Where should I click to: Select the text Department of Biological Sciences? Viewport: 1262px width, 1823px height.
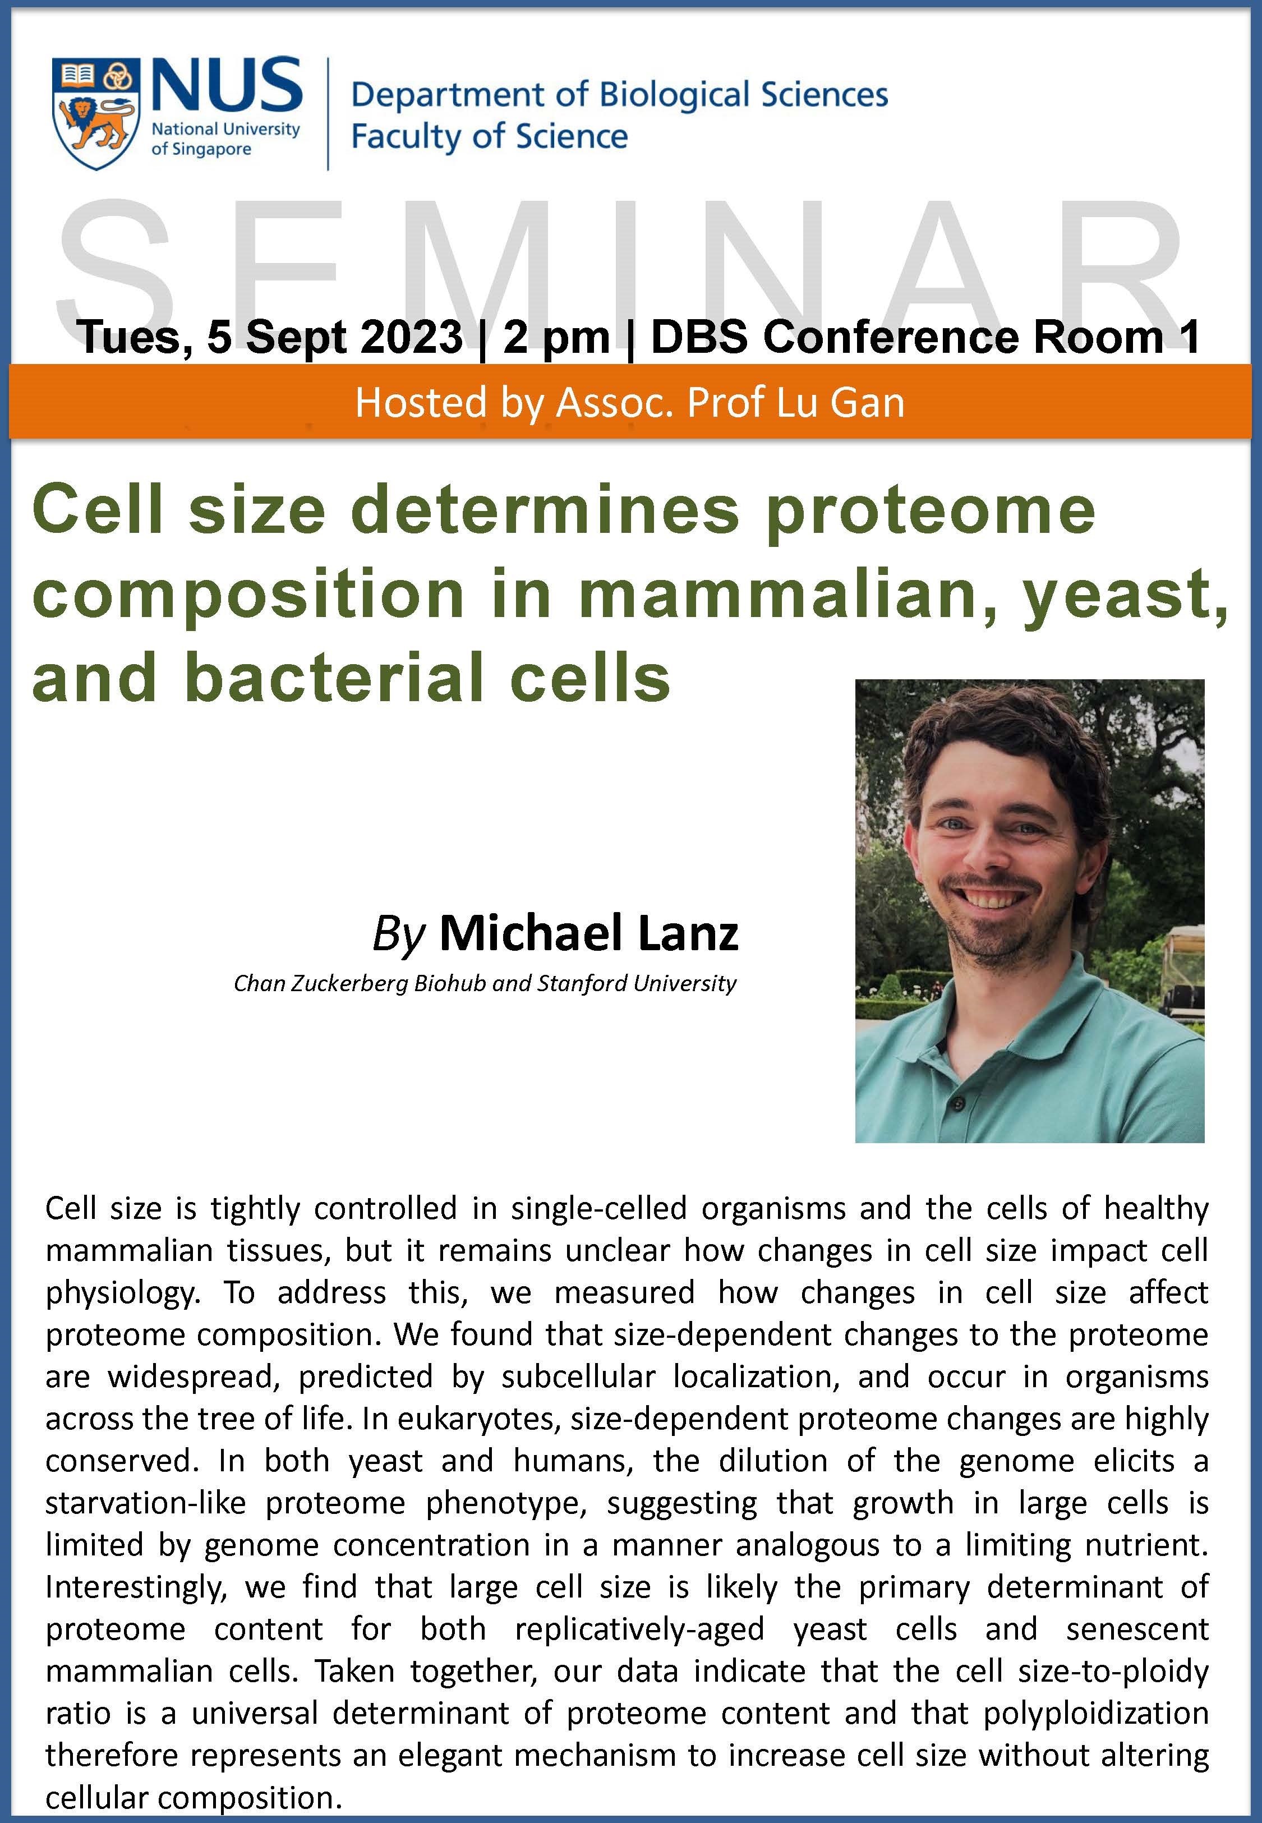coord(620,94)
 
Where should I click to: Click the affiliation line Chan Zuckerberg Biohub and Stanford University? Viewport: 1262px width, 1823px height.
coord(485,983)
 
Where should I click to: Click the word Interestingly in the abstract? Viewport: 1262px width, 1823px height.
coord(136,1587)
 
